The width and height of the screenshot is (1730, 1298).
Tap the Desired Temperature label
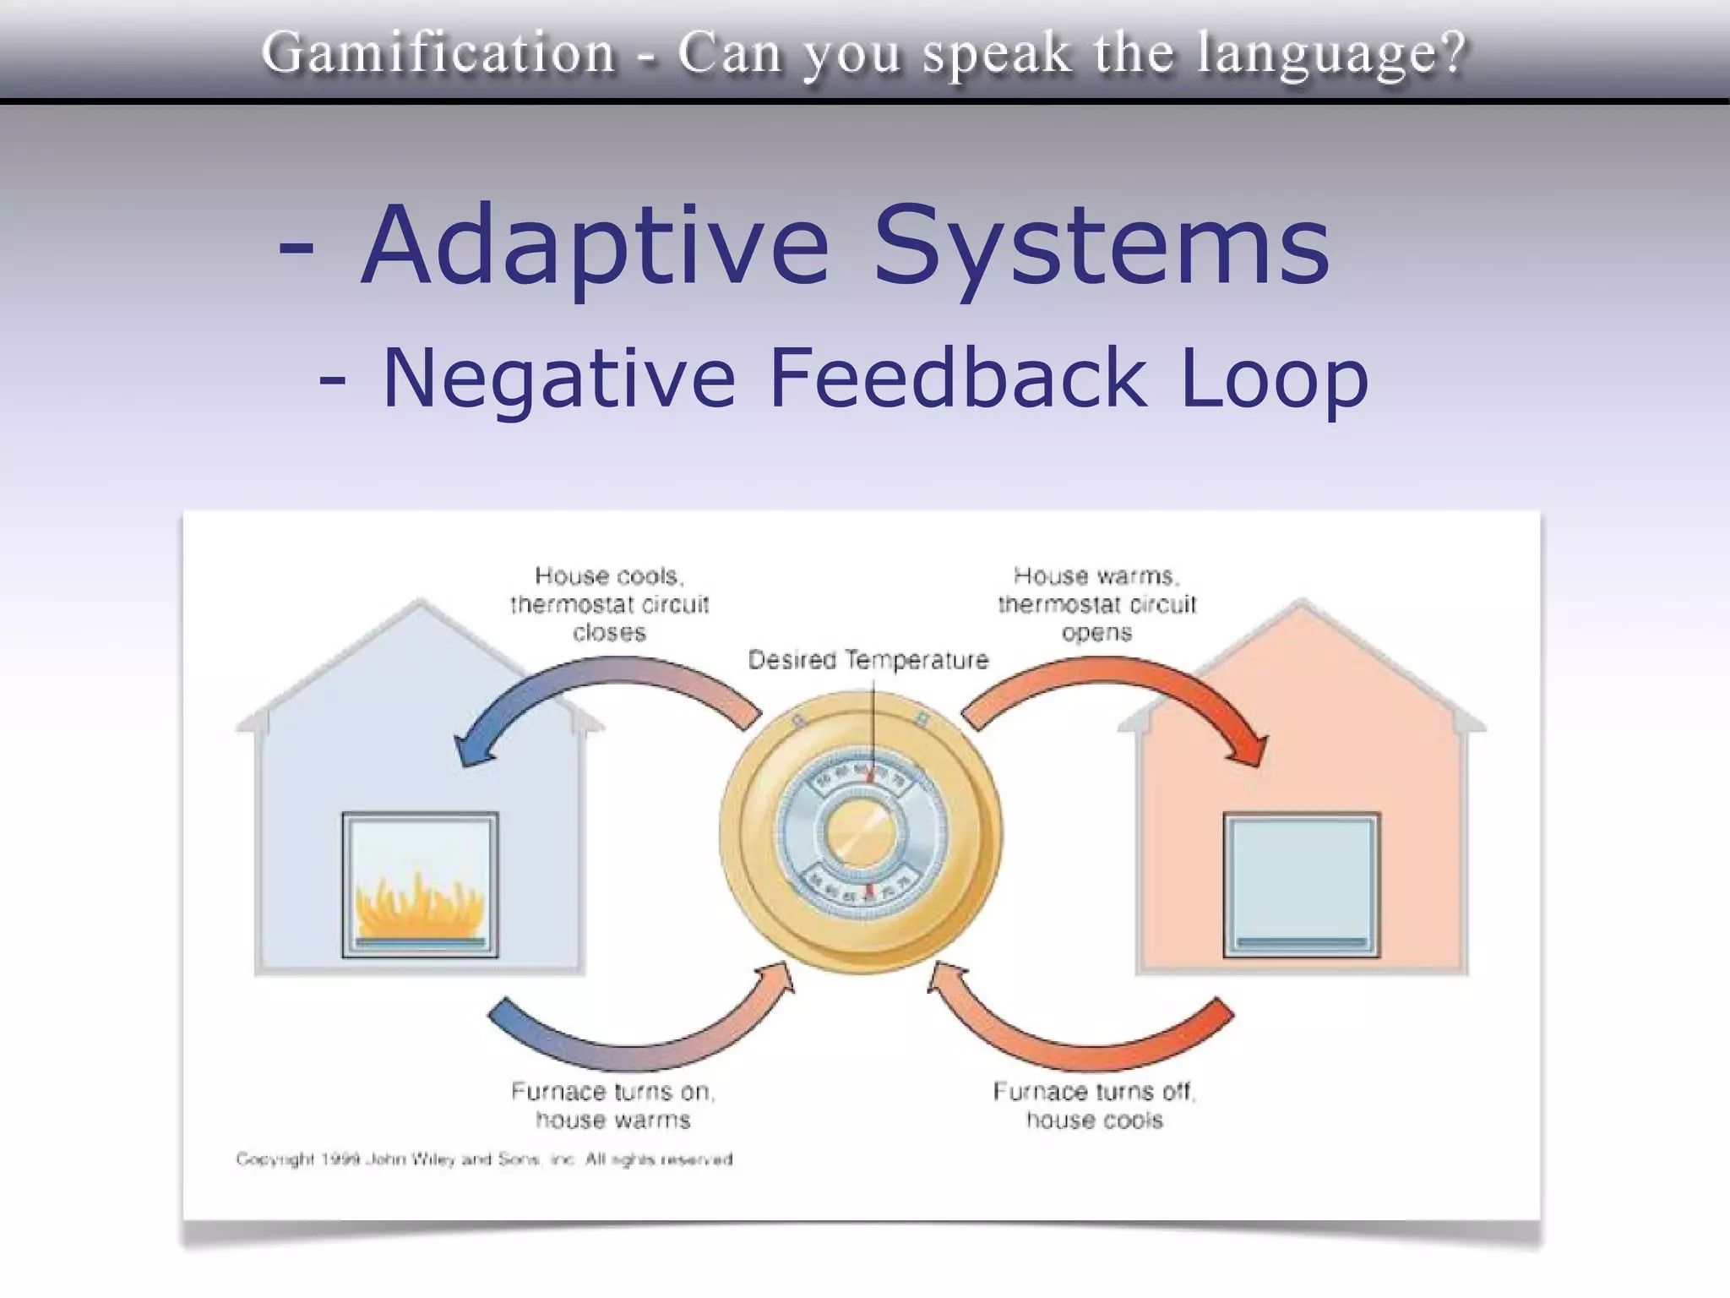click(x=868, y=660)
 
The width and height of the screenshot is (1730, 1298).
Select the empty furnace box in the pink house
click(x=1301, y=885)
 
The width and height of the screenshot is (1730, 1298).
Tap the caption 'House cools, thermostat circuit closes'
click(x=609, y=604)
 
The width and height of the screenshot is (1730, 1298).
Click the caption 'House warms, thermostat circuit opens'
click(x=1096, y=604)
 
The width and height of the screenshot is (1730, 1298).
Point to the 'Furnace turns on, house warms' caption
click(x=612, y=1105)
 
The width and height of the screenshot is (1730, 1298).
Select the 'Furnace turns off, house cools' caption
click(x=1095, y=1105)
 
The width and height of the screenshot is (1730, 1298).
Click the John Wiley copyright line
click(x=484, y=1159)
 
